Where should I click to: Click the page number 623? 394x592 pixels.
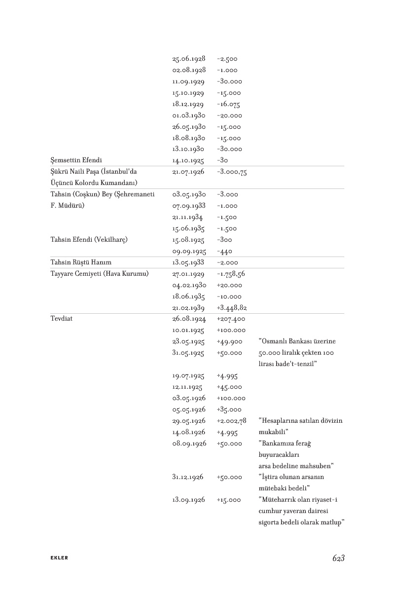pos(338,557)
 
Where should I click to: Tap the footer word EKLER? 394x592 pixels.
pos(59,558)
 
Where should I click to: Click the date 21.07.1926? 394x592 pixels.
pos(189,172)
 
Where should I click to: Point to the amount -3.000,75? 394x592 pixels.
pos(232,172)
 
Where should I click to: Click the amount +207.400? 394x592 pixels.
pos(231,319)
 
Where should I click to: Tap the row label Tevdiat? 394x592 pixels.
pos(62,319)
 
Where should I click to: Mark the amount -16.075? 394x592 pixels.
pos(228,104)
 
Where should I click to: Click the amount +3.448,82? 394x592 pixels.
pos(232,308)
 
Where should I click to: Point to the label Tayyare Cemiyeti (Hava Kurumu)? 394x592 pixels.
pos(100,274)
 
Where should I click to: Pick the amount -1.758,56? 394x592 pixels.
pos(231,274)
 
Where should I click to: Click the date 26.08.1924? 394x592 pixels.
pos(189,319)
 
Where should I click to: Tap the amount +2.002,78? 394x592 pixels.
pos(232,421)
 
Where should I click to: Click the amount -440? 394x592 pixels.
pos(224,251)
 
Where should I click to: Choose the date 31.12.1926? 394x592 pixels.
pos(188,478)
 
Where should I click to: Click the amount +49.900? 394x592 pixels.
pos(229,342)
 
